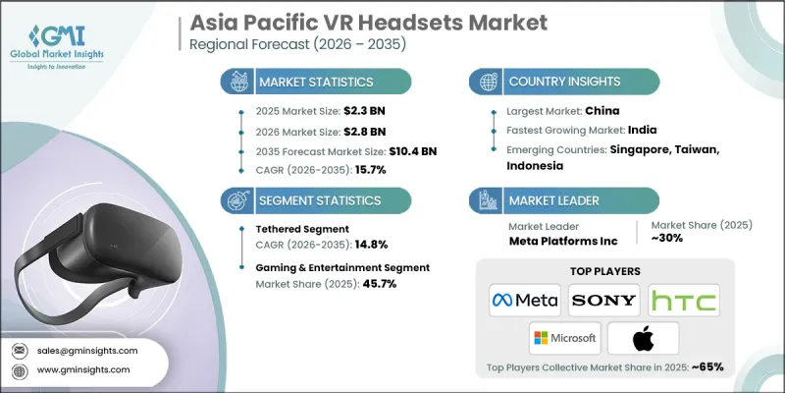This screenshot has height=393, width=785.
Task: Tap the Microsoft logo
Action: [565, 337]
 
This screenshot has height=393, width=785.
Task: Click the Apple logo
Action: [644, 336]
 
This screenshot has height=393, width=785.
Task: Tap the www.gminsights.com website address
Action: [83, 369]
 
